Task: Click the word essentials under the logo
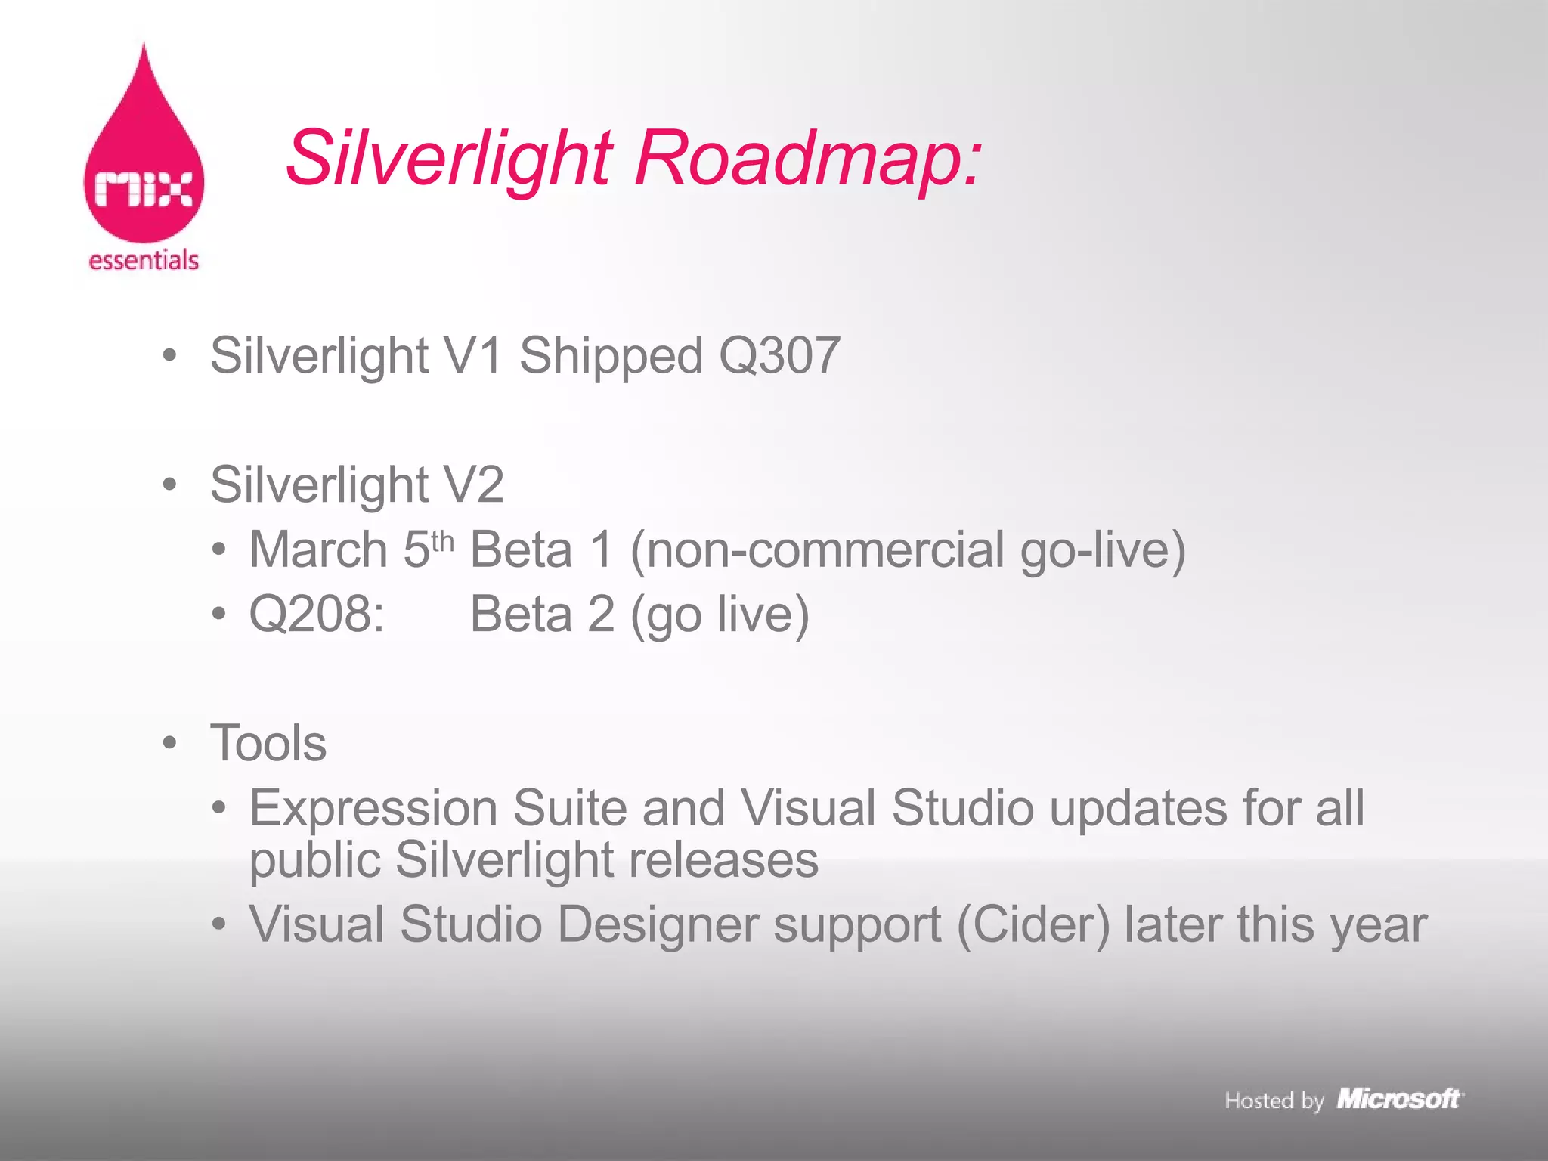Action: [x=144, y=260]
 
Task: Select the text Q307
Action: [x=779, y=354]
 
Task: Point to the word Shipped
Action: [x=611, y=356]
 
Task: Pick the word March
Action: [x=318, y=550]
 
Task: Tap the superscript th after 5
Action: [x=441, y=541]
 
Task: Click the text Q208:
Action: [x=317, y=614]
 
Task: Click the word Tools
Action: [x=268, y=743]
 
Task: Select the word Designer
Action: [x=658, y=924]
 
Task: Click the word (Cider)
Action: [x=1033, y=924]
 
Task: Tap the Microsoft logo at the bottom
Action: [x=1399, y=1099]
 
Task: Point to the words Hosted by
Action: [x=1274, y=1101]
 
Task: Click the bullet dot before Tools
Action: [x=170, y=742]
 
